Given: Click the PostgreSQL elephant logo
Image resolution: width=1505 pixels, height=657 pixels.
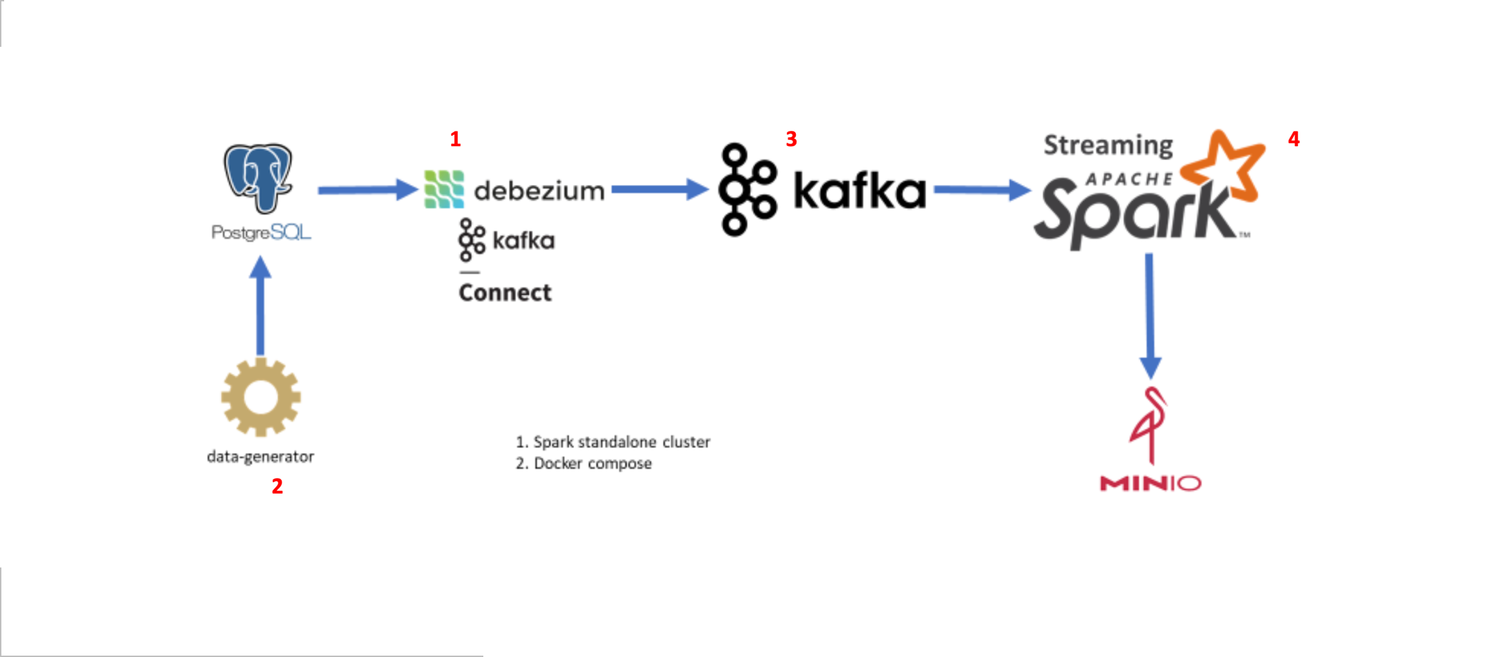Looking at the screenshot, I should [258, 178].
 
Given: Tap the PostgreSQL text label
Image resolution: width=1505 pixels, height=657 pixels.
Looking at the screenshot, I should [261, 233].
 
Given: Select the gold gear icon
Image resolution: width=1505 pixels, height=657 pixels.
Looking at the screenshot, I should [261, 397].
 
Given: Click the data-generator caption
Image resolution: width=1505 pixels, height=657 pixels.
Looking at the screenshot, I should [260, 457].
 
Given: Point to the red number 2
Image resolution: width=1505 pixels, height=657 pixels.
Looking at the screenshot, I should [277, 486].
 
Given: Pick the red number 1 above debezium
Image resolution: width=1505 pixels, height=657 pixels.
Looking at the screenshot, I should [455, 139].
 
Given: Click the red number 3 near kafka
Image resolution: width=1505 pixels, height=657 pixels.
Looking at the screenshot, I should [791, 139].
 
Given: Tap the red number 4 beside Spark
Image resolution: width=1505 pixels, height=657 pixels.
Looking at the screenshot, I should [1294, 139].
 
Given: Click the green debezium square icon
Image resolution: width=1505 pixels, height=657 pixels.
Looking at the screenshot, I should [444, 189].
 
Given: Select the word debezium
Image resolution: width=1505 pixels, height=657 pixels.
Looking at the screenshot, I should [539, 191].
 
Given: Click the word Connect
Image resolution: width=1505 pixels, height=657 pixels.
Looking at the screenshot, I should [505, 293].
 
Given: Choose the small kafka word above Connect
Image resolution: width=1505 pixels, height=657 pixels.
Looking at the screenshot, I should [523, 241].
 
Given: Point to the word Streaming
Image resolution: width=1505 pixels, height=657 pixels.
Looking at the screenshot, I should [1108, 145].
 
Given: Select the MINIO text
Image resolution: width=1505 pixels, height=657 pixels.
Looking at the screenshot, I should [1150, 483].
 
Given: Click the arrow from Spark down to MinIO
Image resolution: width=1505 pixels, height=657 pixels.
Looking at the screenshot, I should [1149, 313].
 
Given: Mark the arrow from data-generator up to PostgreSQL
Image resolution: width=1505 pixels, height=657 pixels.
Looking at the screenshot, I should [260, 306].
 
